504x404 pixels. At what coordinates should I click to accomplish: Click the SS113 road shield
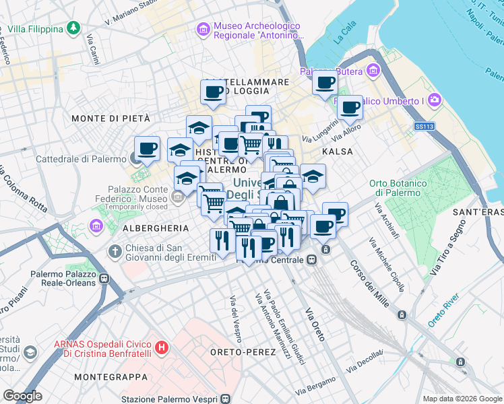point(424,126)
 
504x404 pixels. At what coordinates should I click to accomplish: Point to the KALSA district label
point(338,151)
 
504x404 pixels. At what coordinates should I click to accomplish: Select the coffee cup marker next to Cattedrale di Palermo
point(147,148)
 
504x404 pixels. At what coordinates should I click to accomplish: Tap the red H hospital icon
point(161,348)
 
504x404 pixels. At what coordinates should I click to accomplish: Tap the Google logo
point(22,396)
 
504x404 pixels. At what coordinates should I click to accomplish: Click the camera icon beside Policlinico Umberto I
point(435,101)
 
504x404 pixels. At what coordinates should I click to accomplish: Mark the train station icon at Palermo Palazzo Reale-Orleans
point(104,278)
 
